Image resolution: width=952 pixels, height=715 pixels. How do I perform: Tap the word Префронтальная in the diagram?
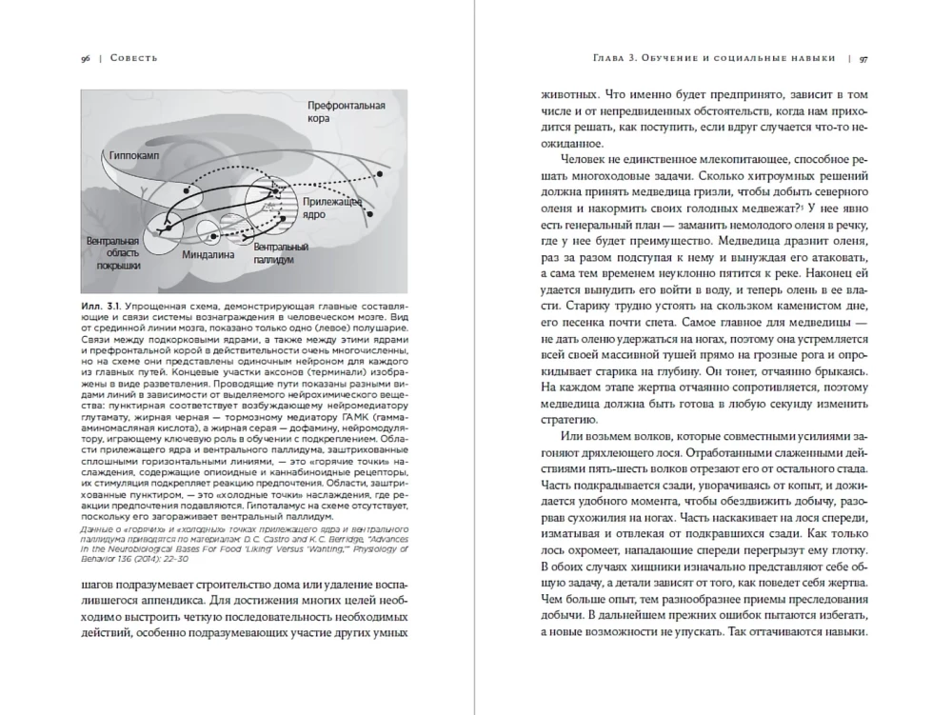(346, 106)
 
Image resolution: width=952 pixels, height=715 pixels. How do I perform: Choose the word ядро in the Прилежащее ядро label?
(317, 216)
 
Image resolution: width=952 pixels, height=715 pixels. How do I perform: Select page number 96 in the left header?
(87, 58)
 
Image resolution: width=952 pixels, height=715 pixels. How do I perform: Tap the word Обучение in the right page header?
(675, 58)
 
